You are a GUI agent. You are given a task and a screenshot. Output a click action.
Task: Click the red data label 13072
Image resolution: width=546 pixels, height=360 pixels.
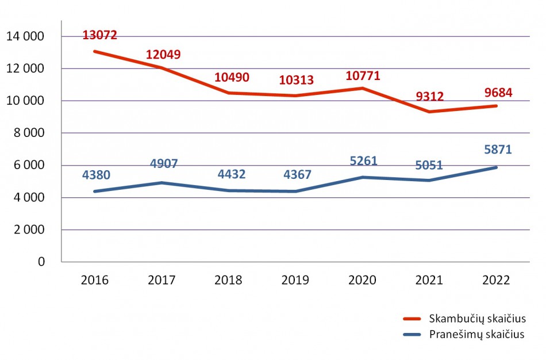(x=100, y=35)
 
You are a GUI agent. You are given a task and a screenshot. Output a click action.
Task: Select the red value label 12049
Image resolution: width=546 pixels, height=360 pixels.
(x=163, y=55)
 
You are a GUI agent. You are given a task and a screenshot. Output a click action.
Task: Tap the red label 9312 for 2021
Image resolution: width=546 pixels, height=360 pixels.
(x=429, y=96)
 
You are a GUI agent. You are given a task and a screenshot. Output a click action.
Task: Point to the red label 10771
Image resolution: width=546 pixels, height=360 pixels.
(x=363, y=75)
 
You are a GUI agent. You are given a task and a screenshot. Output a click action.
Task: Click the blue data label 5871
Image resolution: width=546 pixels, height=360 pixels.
(x=497, y=150)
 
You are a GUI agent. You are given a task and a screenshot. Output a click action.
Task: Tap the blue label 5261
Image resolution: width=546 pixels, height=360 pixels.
(x=363, y=160)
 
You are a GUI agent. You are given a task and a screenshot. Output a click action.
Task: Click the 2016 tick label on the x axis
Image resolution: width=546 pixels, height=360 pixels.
(x=95, y=281)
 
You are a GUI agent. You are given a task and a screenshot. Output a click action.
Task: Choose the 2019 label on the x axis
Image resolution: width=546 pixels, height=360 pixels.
(x=295, y=281)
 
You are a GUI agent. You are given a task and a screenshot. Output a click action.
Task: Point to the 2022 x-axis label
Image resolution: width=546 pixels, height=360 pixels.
(x=496, y=281)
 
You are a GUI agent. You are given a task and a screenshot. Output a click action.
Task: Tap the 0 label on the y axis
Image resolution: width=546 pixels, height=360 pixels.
(x=41, y=262)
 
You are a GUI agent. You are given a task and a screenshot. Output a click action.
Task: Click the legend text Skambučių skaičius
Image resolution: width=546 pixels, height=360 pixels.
(x=477, y=319)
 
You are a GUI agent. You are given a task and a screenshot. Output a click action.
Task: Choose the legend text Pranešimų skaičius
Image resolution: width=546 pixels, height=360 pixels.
(x=476, y=335)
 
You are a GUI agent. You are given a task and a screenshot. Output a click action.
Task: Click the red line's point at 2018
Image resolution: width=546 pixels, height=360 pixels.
(x=229, y=93)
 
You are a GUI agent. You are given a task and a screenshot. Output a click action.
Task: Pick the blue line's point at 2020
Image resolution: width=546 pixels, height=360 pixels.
(x=363, y=177)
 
